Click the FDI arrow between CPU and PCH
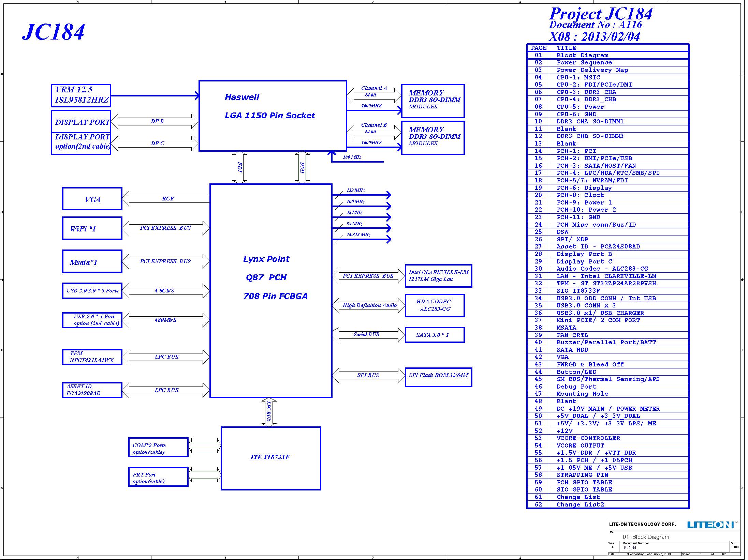(x=239, y=167)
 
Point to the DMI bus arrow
(x=302, y=167)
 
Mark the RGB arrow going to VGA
(x=166, y=199)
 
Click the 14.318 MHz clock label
(x=358, y=234)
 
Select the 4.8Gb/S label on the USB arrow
(x=164, y=291)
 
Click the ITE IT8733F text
(x=270, y=457)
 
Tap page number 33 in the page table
(x=538, y=291)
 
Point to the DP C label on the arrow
(x=158, y=143)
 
